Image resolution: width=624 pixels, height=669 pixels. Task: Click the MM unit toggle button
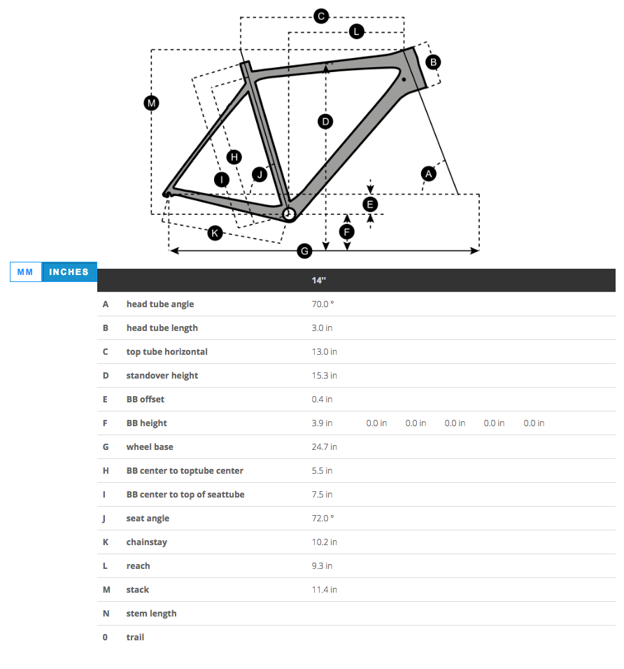coord(26,272)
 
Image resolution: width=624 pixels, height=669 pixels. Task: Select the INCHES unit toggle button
coord(69,272)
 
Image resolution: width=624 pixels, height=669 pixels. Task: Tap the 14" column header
coord(319,280)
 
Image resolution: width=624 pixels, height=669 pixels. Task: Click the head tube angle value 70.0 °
coord(322,304)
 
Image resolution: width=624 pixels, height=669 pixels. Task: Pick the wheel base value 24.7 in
coord(324,447)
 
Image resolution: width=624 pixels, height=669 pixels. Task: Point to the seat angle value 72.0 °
coord(322,519)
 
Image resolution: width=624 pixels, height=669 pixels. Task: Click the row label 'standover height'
coord(162,376)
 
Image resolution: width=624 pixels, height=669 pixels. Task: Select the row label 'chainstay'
coord(146,542)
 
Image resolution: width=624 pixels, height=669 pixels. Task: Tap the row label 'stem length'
coord(151,614)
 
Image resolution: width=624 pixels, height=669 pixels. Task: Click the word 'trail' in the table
coord(135,638)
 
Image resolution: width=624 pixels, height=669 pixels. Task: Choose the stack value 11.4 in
coord(324,590)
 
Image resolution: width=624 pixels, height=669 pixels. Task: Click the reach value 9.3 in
coord(322,566)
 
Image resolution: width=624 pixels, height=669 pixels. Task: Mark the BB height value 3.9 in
coord(322,423)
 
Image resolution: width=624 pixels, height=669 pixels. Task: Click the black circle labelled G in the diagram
coord(304,251)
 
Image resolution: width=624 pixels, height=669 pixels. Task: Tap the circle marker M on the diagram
coord(151,104)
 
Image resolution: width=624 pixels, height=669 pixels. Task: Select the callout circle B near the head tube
coord(433,62)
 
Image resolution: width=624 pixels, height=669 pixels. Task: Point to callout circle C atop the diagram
coord(321,16)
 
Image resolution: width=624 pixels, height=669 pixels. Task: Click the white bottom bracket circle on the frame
coord(289,214)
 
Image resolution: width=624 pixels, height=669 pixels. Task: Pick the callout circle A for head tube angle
coord(429,173)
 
